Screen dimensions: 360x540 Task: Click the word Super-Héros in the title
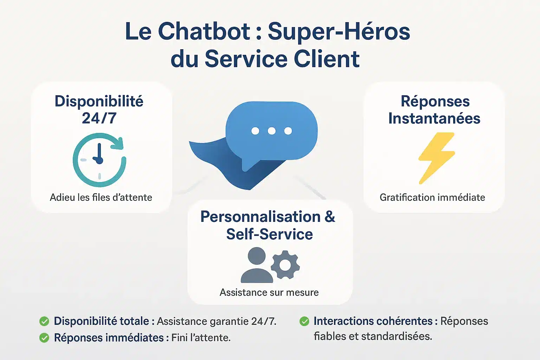click(x=339, y=31)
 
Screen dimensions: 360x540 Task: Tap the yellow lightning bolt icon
click(x=436, y=158)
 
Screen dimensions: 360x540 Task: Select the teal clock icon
click(x=99, y=160)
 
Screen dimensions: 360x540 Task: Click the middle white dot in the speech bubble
click(x=271, y=131)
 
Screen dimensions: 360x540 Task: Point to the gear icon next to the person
click(x=285, y=265)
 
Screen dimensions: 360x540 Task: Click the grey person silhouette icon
click(x=257, y=265)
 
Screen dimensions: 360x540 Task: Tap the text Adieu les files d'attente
click(x=101, y=198)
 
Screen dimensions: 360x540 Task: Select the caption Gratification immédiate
click(x=432, y=198)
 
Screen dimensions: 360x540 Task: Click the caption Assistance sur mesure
click(x=269, y=292)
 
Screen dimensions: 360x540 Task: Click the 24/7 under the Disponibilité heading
click(x=99, y=118)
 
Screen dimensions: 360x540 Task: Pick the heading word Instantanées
click(x=434, y=118)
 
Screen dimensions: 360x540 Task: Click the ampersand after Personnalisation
click(x=330, y=217)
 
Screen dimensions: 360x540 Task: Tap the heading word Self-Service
click(x=269, y=234)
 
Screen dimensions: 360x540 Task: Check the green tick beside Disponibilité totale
click(x=44, y=321)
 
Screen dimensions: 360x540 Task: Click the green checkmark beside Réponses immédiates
click(x=44, y=338)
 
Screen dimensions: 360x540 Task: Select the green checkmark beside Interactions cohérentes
click(x=304, y=321)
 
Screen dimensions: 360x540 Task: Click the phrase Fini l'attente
click(x=201, y=338)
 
